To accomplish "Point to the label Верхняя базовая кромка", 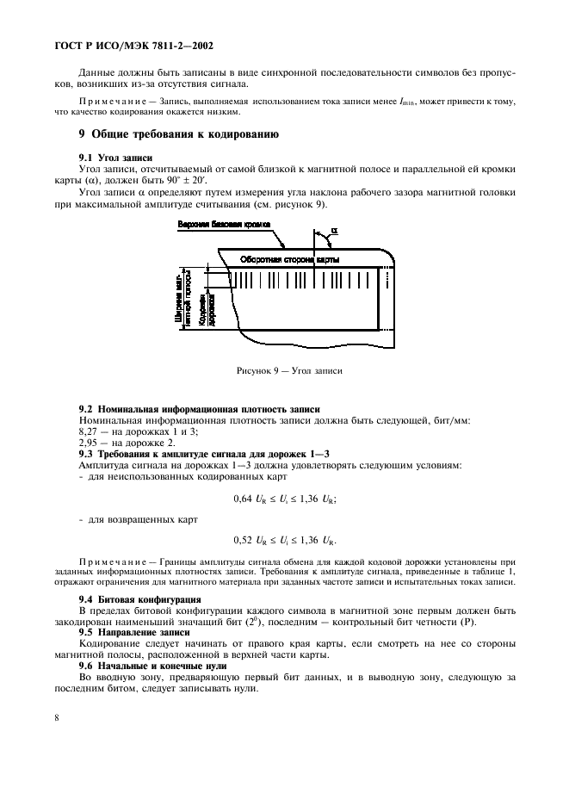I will [x=222, y=225].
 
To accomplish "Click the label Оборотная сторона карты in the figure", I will [x=289, y=259].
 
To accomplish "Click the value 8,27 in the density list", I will [x=89, y=431].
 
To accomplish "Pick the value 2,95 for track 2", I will [x=89, y=443].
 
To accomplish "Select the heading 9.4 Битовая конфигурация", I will [x=139, y=598].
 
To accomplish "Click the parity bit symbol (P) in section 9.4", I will [x=486, y=621].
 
